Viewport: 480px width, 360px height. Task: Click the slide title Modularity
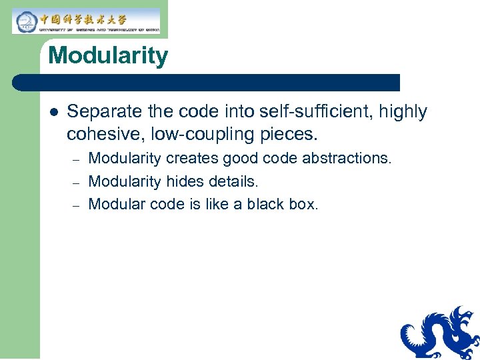click(x=108, y=55)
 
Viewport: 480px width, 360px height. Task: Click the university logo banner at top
click(x=87, y=21)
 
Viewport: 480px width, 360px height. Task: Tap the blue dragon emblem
click(x=440, y=333)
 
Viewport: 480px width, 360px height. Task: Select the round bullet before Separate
click(x=53, y=112)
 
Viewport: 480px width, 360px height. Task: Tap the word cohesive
click(x=106, y=134)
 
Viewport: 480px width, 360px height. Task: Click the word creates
click(x=192, y=159)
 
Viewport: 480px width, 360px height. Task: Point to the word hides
click(x=184, y=181)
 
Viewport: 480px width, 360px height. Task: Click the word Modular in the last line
click(x=116, y=204)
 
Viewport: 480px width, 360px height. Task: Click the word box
click(x=304, y=204)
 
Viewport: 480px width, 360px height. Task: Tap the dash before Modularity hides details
click(x=76, y=182)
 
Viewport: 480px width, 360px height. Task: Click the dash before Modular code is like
click(x=76, y=205)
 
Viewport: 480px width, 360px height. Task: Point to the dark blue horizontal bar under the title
click(x=207, y=83)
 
